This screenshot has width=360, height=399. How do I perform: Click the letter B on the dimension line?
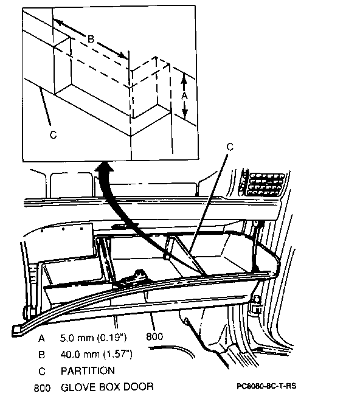coord(91,39)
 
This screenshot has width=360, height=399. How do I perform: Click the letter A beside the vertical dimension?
coord(184,96)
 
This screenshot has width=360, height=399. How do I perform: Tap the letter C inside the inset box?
coord(53,134)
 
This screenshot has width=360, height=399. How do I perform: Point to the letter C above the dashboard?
coord(229,147)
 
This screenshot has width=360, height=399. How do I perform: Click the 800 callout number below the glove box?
coord(154,336)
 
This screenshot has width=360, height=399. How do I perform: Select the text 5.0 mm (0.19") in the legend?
coord(94,338)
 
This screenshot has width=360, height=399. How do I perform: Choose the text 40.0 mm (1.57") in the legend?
coord(97,354)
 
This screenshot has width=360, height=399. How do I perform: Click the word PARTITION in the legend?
coord(88,370)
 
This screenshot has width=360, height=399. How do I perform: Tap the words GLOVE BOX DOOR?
coord(107,387)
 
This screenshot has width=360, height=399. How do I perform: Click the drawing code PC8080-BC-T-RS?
coord(266,386)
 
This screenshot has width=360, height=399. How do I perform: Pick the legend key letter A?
coord(41,338)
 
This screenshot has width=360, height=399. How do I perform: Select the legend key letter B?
coord(41,355)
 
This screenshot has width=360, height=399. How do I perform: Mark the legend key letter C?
coord(42,371)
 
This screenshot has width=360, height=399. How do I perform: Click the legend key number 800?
coord(42,388)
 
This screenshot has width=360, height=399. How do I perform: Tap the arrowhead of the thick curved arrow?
coord(105,168)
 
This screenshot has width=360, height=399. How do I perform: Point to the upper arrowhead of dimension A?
coord(184,78)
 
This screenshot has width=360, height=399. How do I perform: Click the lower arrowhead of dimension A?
coord(185,114)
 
